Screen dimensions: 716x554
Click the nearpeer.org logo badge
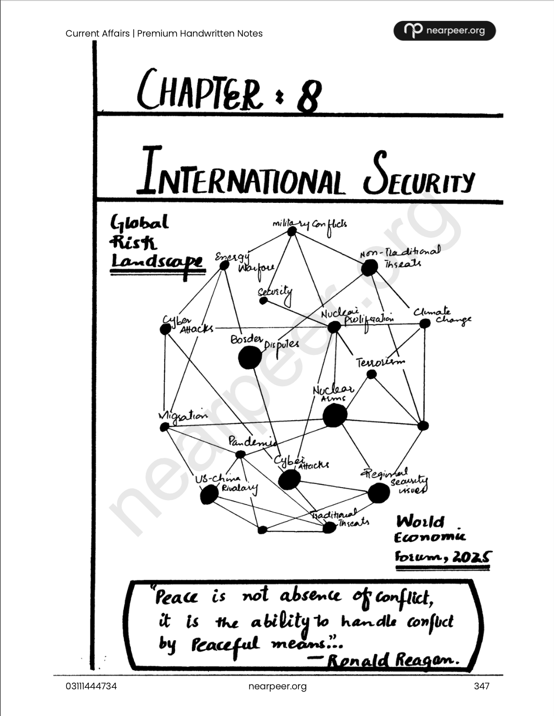pyautogui.click(x=444, y=31)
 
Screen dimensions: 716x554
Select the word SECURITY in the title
pyautogui.click(x=419, y=176)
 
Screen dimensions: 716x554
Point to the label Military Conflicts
pyautogui.click(x=309, y=225)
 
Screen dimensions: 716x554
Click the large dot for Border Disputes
pyautogui.click(x=250, y=357)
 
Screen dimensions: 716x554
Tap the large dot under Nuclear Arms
pyautogui.click(x=334, y=416)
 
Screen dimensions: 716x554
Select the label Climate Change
pyautogui.click(x=442, y=316)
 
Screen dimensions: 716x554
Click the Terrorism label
pyautogui.click(x=380, y=362)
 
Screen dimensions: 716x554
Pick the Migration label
pyautogui.click(x=183, y=416)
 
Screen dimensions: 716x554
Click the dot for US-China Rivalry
pyautogui.click(x=209, y=494)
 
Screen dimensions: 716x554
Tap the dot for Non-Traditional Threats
pyautogui.click(x=369, y=267)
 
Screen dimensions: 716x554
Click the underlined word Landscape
pyautogui.click(x=156, y=261)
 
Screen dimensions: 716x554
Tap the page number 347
pyautogui.click(x=481, y=686)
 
